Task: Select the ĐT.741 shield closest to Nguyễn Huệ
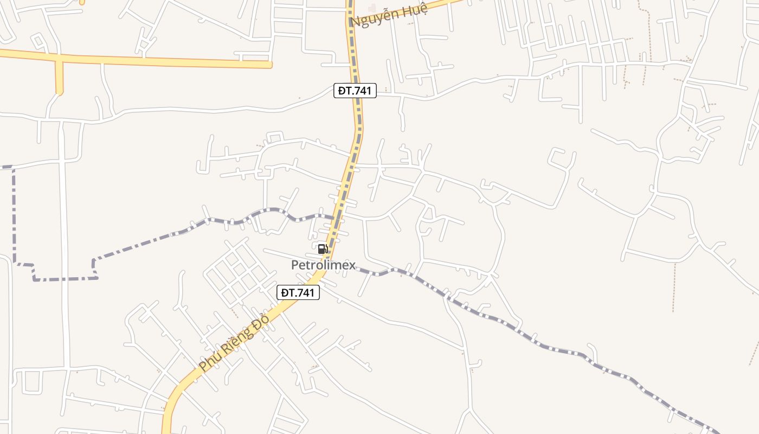coord(355,91)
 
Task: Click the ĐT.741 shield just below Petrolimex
coord(298,293)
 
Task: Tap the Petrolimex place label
coord(323,265)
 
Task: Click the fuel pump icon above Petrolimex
coord(323,249)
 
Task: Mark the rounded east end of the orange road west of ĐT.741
coord(269,65)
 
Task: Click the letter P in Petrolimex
coord(295,265)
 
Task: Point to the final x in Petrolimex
coord(352,265)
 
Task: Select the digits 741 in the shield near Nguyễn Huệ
coord(362,91)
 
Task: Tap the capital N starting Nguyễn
coord(356,22)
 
